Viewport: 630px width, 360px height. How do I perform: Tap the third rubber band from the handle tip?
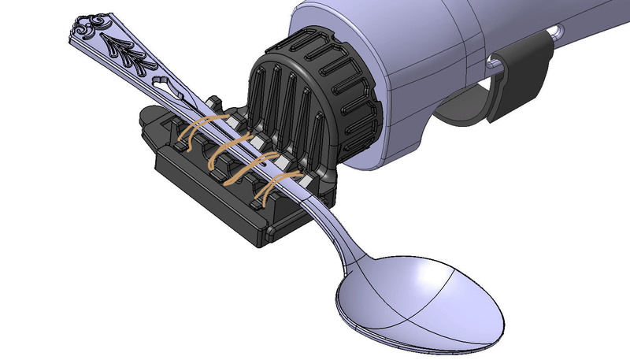[x=250, y=167]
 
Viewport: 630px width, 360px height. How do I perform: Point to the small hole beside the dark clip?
[x=558, y=32]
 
